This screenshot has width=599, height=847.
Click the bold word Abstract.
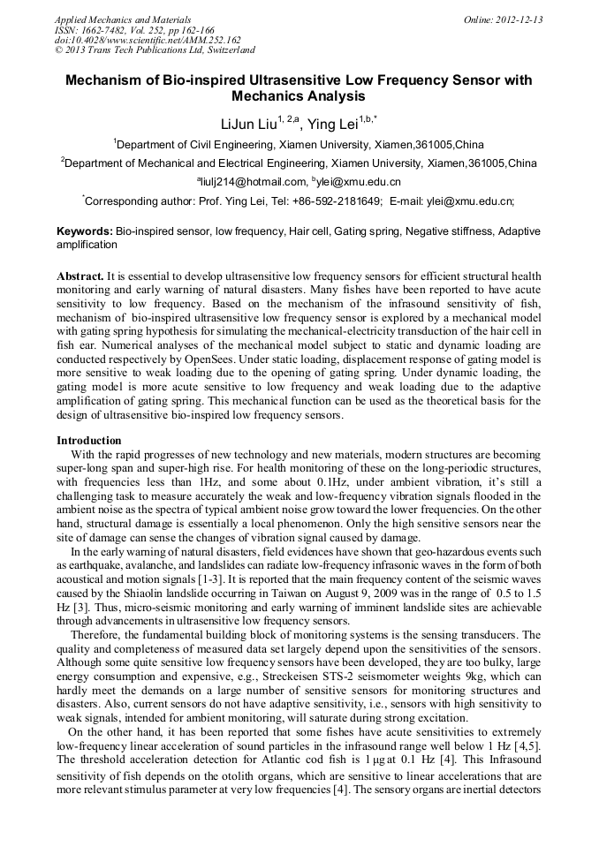tap(80, 276)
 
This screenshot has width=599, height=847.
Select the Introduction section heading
tap(89, 440)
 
